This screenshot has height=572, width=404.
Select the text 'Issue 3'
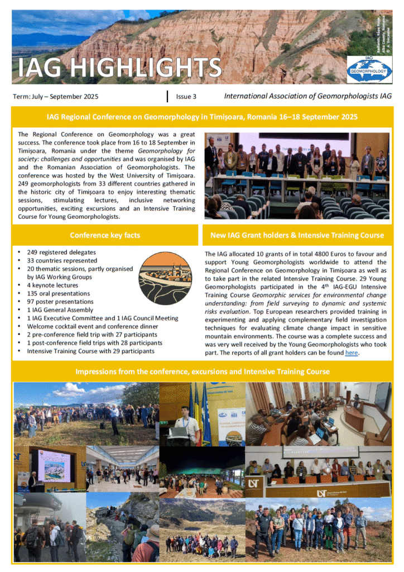[x=186, y=97]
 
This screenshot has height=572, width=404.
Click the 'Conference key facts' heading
[x=105, y=235]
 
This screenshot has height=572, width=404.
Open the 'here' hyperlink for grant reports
[x=351, y=353]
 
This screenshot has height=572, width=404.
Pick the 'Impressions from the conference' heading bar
[x=202, y=371]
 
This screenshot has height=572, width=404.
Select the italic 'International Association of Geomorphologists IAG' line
[x=307, y=96]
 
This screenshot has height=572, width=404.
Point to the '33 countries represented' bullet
[x=62, y=261]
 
